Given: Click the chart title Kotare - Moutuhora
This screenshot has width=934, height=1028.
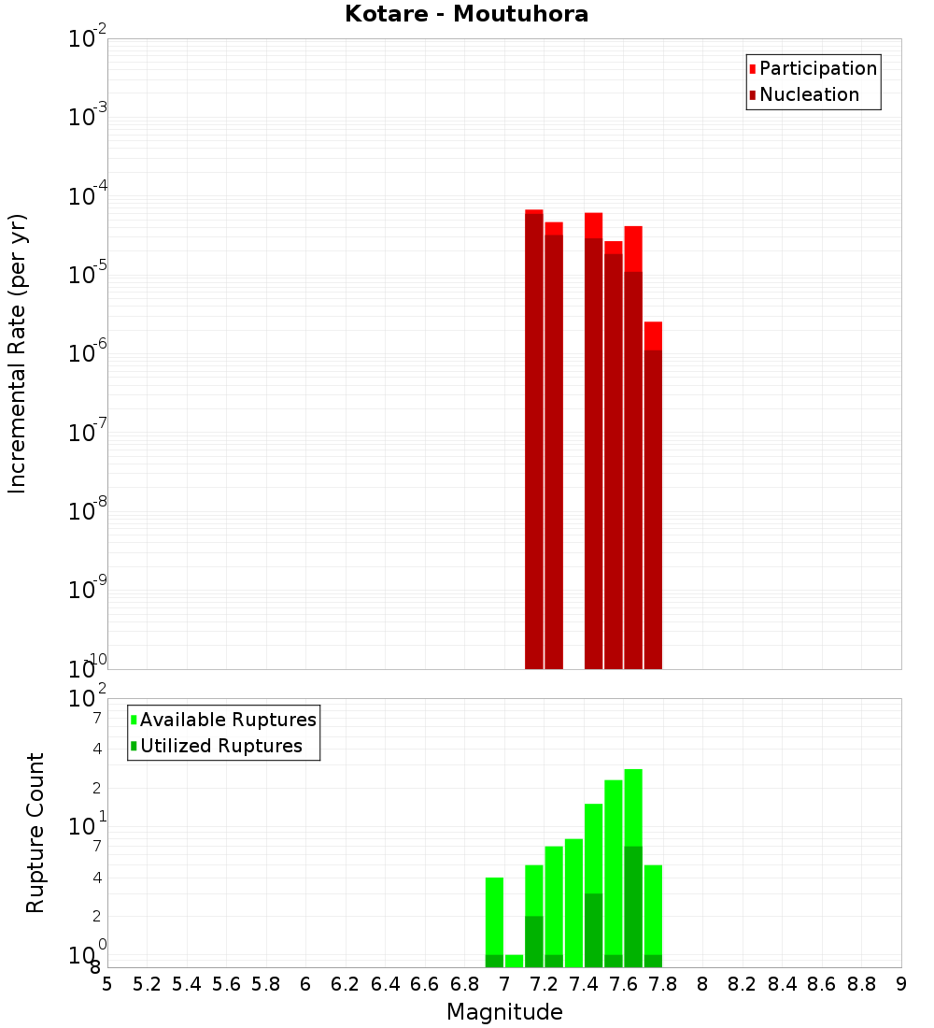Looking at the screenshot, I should pyautogui.click(x=467, y=14).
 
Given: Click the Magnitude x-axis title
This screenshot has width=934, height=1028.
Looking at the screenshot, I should pyautogui.click(x=504, y=1012).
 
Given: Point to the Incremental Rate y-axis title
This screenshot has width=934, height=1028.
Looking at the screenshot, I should pyautogui.click(x=17, y=353).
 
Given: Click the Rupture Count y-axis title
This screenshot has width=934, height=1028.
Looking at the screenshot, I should pyautogui.click(x=35, y=832).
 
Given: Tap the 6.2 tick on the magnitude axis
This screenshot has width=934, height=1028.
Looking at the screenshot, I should pyautogui.click(x=345, y=983).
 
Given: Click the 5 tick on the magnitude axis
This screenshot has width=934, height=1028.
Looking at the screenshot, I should pyautogui.click(x=107, y=983).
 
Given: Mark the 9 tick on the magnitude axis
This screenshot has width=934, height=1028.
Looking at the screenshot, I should pyautogui.click(x=901, y=983).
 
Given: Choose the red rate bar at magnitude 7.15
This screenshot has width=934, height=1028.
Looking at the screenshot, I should pyautogui.click(x=534, y=439).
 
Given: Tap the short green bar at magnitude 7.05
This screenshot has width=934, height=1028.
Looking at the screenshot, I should pyautogui.click(x=514, y=961).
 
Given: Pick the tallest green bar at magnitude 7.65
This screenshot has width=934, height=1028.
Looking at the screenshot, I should pyautogui.click(x=633, y=868).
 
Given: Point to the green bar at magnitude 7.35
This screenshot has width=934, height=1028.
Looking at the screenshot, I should pyautogui.click(x=573, y=903).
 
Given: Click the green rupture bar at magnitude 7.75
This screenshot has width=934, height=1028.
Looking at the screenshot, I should pyautogui.click(x=653, y=916).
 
